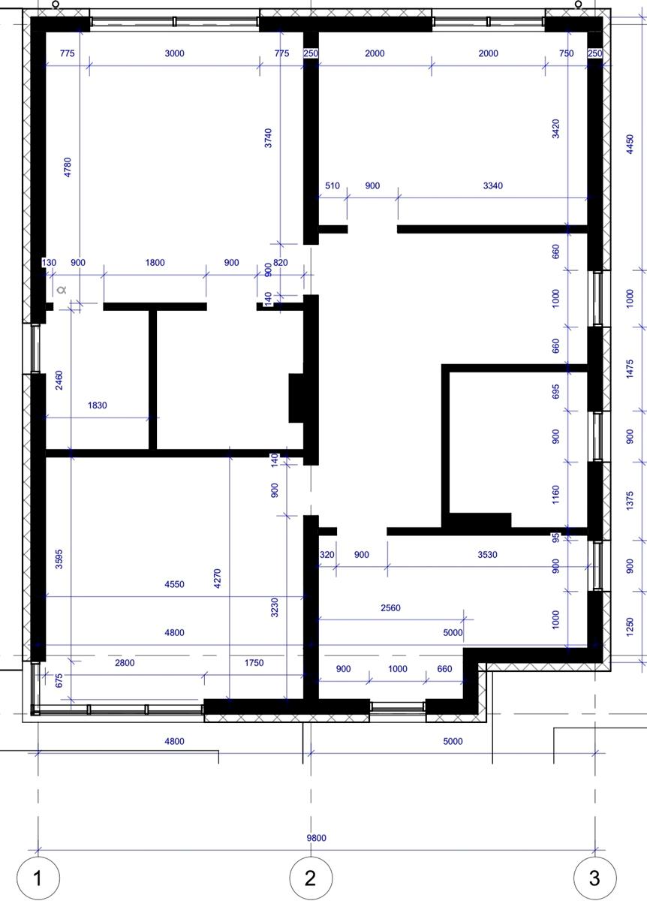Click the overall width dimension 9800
pyautogui.click(x=317, y=838)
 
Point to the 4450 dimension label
pyautogui.click(x=630, y=144)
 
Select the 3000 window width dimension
pyautogui.click(x=175, y=53)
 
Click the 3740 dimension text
pyautogui.click(x=268, y=138)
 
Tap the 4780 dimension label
pyautogui.click(x=68, y=167)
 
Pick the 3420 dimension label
pyautogui.click(x=555, y=128)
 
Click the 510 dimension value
pyautogui.click(x=333, y=186)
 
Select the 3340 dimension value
pyautogui.click(x=493, y=186)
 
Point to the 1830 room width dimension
pyautogui.click(x=98, y=405)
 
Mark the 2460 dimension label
pyautogui.click(x=59, y=380)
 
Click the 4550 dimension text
pyautogui.click(x=175, y=584)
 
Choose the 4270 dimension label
pyautogui.click(x=218, y=578)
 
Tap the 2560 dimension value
pyautogui.click(x=390, y=607)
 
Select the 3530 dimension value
pyautogui.click(x=487, y=555)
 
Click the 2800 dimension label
pyautogui.click(x=125, y=662)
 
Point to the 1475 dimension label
pyautogui.click(x=630, y=369)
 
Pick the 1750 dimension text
pyautogui.click(x=254, y=662)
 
